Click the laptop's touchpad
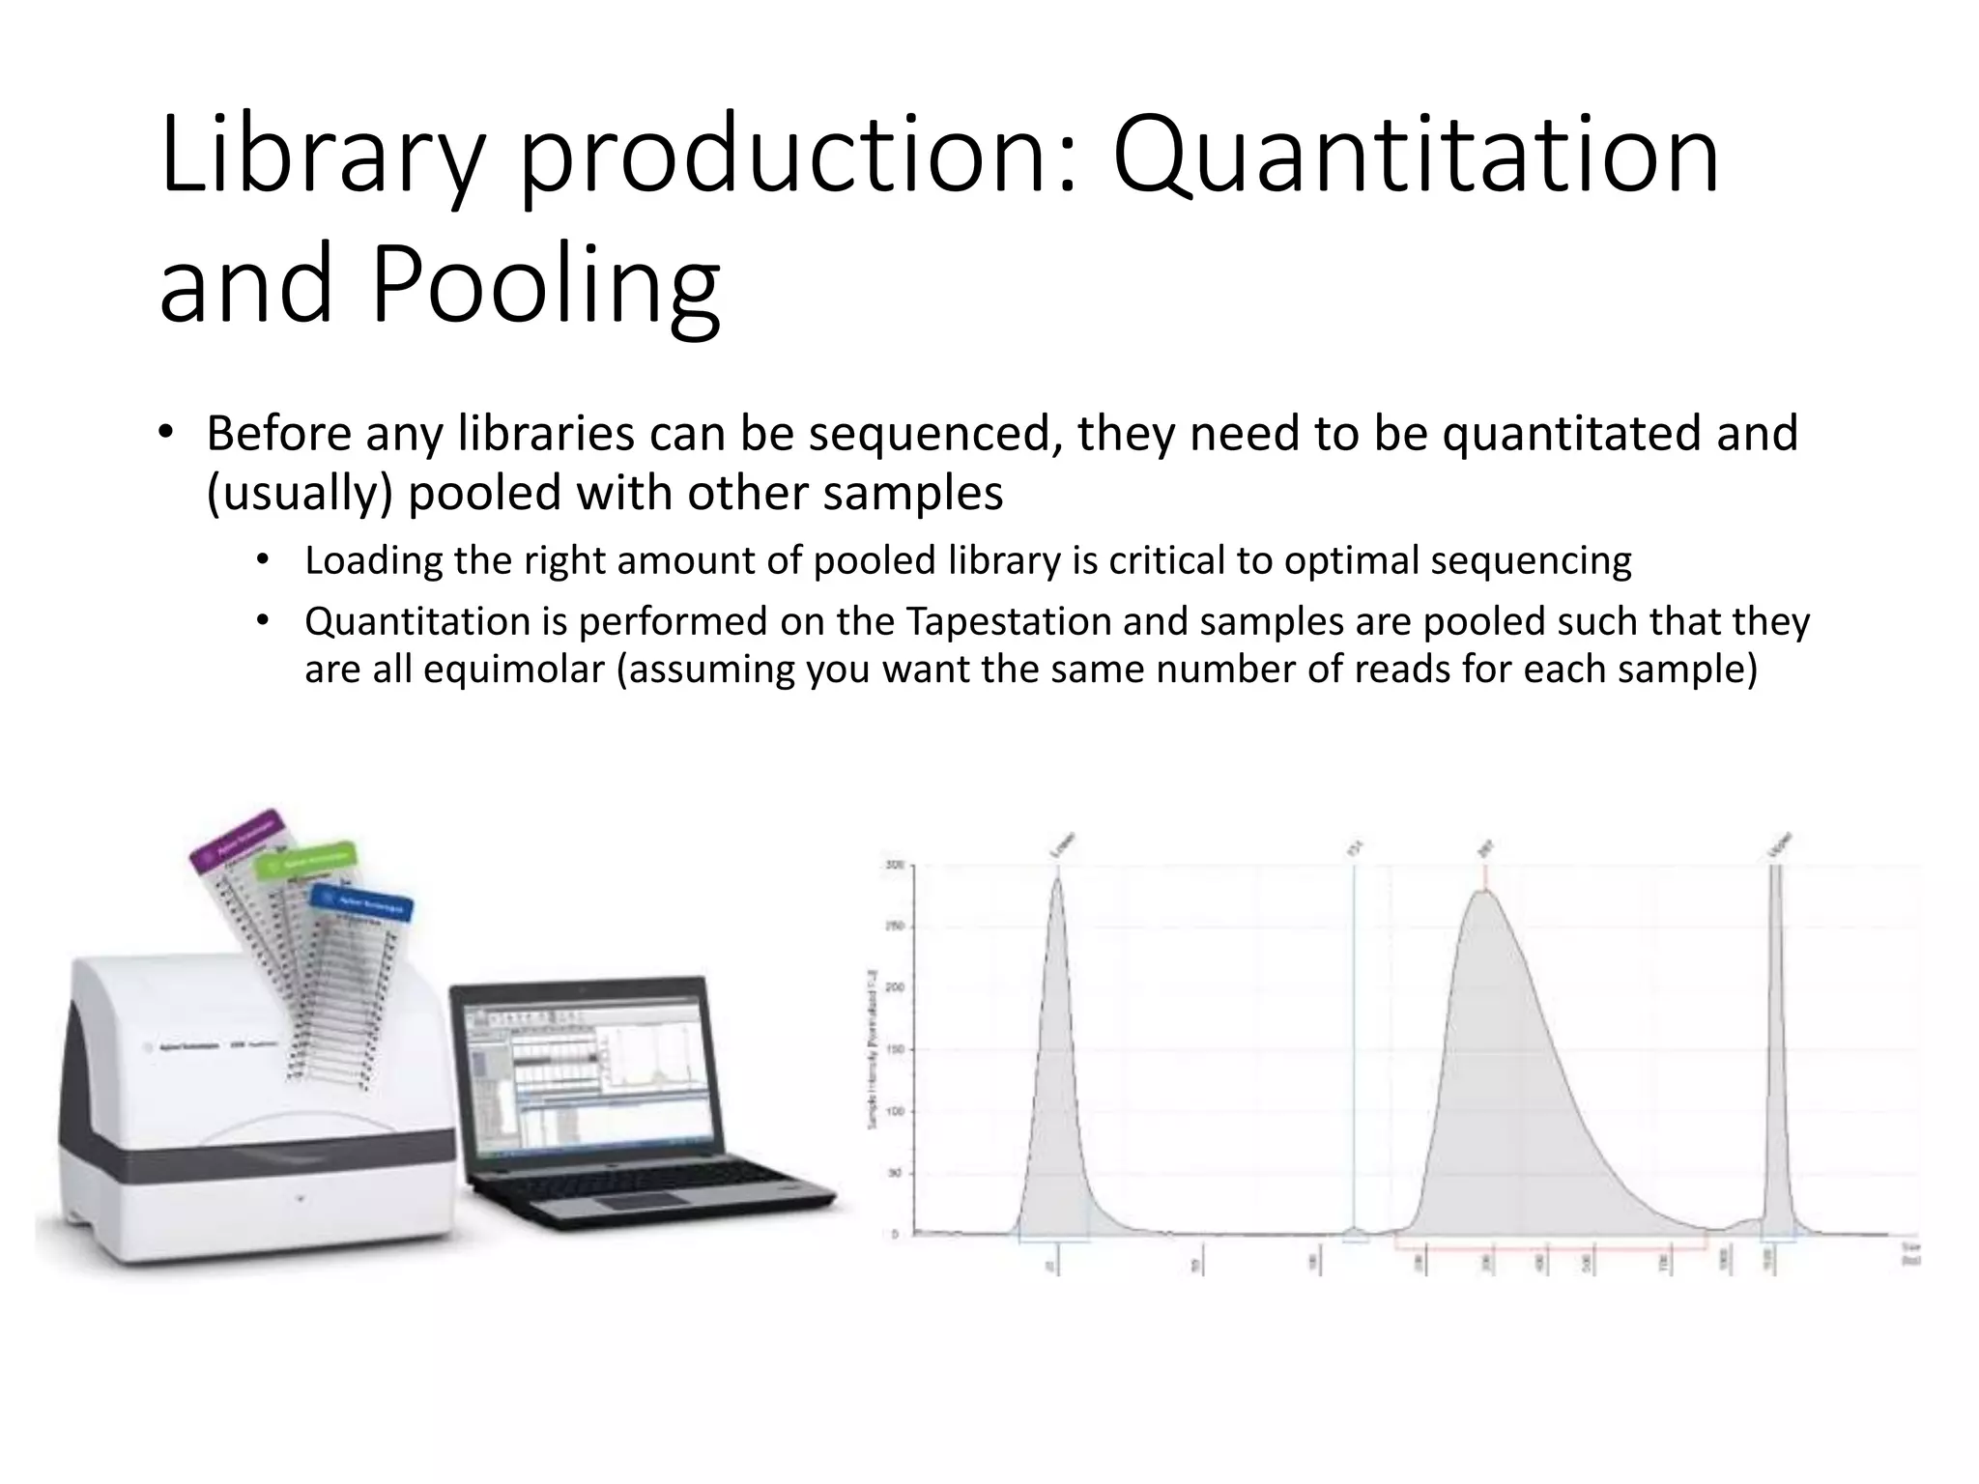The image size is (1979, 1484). pyautogui.click(x=640, y=1202)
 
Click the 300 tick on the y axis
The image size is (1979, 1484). pyautogui.click(x=896, y=865)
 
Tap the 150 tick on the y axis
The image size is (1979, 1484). pyautogui.click(x=896, y=1049)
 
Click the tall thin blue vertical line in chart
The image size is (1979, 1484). pyautogui.click(x=1354, y=1043)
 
